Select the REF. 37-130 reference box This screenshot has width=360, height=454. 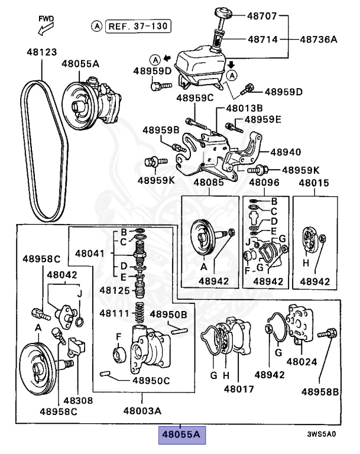pyautogui.click(x=138, y=25)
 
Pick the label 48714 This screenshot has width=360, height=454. pyautogui.click(x=263, y=40)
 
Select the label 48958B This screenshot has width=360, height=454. pyautogui.click(x=320, y=391)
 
